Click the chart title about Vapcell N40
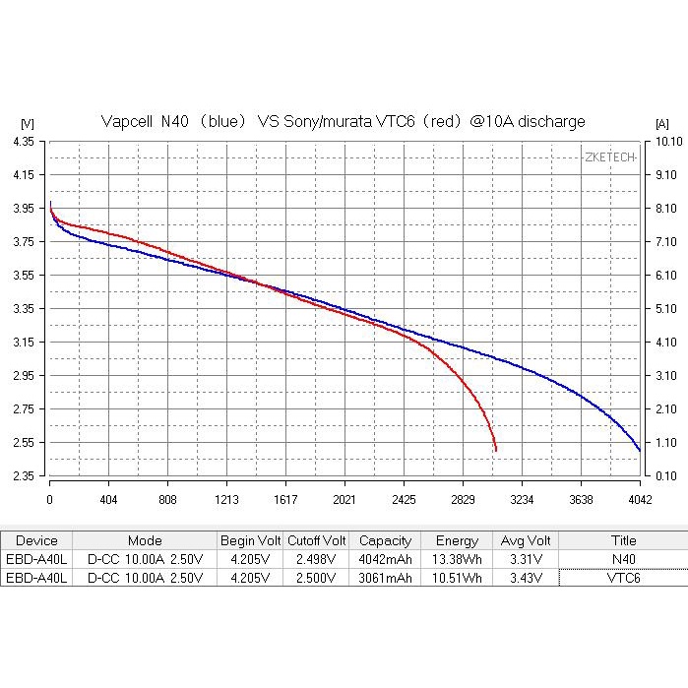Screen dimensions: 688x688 click(344, 122)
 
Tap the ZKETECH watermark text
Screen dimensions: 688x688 click(609, 157)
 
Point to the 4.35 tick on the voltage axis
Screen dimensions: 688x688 click(22, 142)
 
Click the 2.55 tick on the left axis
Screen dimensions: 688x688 click(22, 442)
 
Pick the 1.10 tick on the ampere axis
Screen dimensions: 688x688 click(667, 442)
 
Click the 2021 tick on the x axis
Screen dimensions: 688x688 click(344, 499)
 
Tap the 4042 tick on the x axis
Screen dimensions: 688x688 click(640, 499)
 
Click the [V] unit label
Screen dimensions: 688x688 click(27, 124)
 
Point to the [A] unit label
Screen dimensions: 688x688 click(661, 124)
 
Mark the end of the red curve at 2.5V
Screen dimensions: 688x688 click(496, 450)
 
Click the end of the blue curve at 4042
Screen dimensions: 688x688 click(640, 450)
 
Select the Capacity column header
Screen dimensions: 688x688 click(385, 540)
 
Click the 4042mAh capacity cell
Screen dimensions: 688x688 click(385, 559)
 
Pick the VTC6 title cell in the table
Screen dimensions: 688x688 click(623, 578)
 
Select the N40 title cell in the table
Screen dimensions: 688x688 click(623, 559)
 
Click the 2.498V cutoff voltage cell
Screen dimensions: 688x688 click(316, 559)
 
